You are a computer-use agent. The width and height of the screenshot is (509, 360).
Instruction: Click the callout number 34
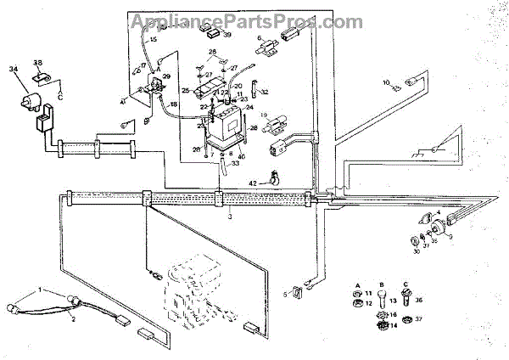tap(12, 70)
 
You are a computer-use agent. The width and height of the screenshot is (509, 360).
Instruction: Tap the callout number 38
tap(37, 63)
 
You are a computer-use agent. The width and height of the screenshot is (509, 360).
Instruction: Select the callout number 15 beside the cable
tap(153, 39)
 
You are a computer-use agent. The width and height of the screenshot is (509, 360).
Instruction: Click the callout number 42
tap(252, 183)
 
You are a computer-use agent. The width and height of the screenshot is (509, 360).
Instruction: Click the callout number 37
tap(417, 320)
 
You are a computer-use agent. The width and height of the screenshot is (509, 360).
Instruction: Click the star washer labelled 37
tap(404, 320)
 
